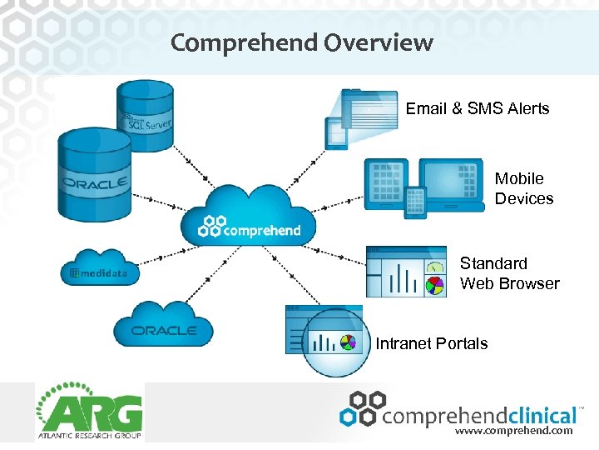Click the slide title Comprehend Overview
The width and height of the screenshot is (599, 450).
(301, 42)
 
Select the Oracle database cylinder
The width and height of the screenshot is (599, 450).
(94, 177)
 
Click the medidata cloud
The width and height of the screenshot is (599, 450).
(100, 268)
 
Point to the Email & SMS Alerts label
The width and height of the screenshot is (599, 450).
(478, 109)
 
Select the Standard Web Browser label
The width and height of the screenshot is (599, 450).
(509, 273)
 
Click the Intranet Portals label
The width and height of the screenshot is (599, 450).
(432, 343)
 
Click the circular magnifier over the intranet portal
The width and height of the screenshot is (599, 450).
(334, 342)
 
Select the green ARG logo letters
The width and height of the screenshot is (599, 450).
(89, 414)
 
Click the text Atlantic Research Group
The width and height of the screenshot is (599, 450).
(89, 437)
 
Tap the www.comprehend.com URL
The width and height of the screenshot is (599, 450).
(513, 432)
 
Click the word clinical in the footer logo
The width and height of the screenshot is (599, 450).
(532, 414)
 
